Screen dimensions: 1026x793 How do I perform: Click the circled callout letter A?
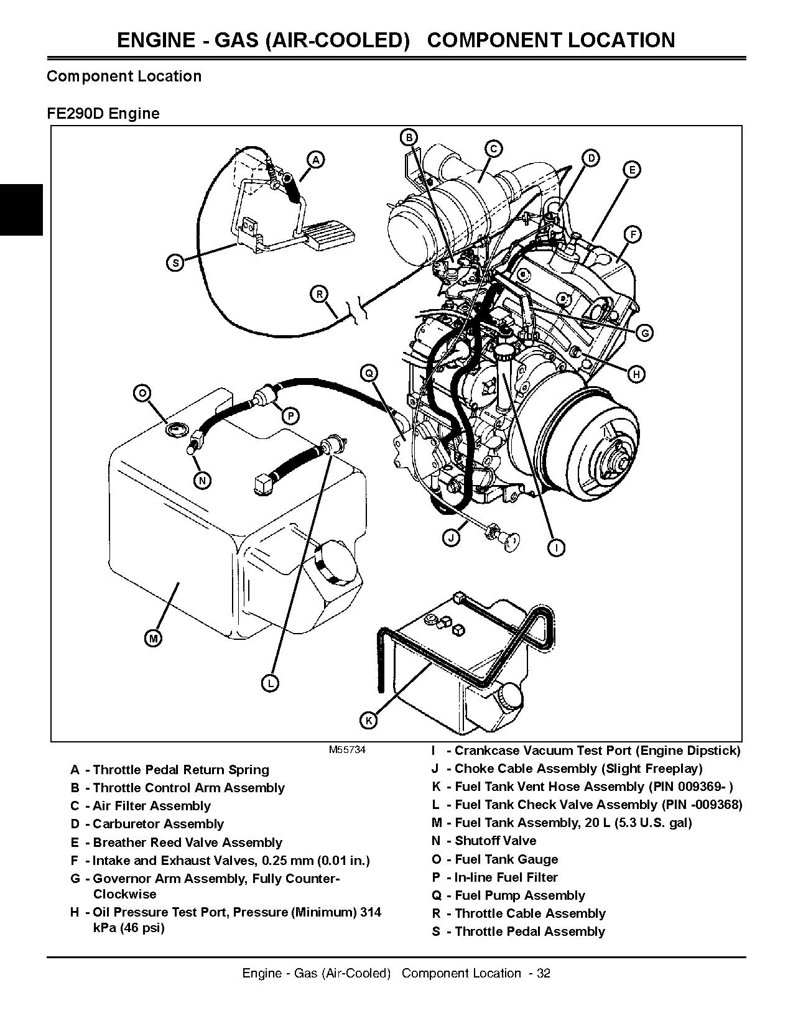tap(316, 160)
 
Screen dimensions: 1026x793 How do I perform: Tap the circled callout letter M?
tap(153, 638)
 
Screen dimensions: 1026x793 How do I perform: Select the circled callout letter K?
tap(369, 720)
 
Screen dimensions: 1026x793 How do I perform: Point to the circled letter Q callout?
tap(369, 372)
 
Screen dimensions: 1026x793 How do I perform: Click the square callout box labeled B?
tap(409, 137)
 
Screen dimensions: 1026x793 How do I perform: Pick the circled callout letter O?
tap(142, 393)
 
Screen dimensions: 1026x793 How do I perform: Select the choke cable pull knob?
tap(512, 540)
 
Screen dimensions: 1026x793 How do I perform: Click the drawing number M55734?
tap(347, 750)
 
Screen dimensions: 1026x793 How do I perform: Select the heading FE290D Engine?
tap(103, 114)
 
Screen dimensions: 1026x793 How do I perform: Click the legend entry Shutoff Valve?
tap(495, 841)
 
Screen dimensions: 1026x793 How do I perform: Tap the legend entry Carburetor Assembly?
tap(158, 824)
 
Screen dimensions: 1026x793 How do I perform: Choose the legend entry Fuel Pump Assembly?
tap(520, 895)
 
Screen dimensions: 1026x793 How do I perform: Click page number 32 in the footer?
tap(543, 973)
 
